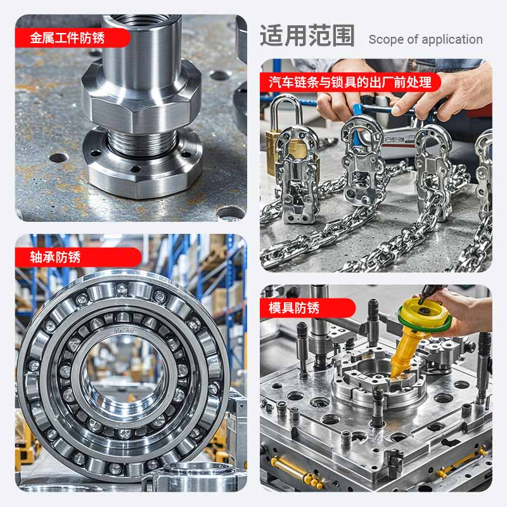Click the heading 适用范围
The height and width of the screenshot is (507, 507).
pyautogui.click(x=307, y=35)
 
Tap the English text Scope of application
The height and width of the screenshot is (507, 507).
pyautogui.click(x=425, y=39)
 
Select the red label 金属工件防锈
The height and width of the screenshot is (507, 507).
pyautogui.click(x=67, y=38)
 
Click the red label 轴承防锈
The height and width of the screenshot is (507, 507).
pyautogui.click(x=55, y=257)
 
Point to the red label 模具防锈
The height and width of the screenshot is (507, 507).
pyautogui.click(x=294, y=308)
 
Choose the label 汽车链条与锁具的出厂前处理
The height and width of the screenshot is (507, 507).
pyautogui.click(x=350, y=82)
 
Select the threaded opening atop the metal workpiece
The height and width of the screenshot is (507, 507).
pyautogui.click(x=141, y=19)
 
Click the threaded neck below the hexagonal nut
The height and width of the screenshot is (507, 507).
pyautogui.click(x=142, y=142)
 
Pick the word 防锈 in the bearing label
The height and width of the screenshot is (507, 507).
pyautogui.click(x=68, y=257)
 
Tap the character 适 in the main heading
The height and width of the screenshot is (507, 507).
pyautogui.click(x=272, y=35)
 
